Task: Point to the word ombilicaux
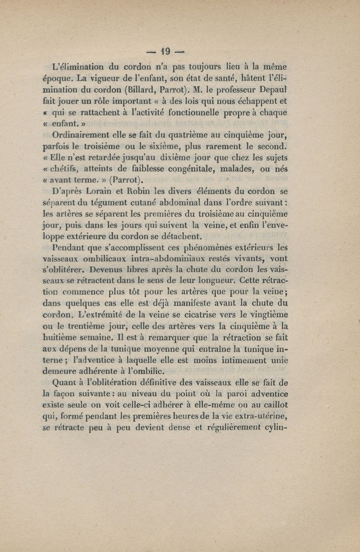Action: [113, 259]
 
